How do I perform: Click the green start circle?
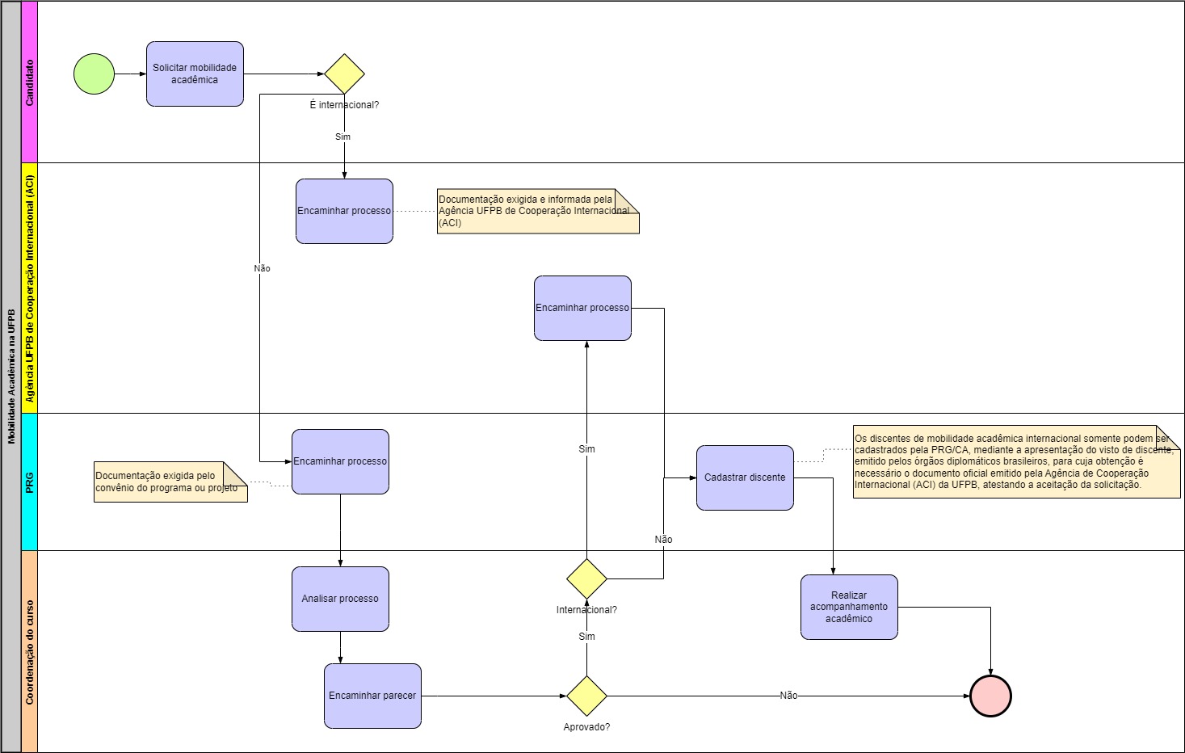(x=94, y=74)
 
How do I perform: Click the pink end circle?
(x=990, y=696)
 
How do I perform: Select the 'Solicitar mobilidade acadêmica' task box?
(x=195, y=74)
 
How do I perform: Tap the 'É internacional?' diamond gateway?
(x=344, y=74)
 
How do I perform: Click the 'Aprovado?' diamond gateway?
(x=586, y=696)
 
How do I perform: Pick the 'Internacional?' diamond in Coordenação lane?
(x=586, y=578)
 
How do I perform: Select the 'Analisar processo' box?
(x=340, y=599)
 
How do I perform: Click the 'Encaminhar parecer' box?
(x=372, y=696)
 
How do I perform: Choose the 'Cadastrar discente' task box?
(x=745, y=477)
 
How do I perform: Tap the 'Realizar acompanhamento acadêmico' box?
(x=849, y=607)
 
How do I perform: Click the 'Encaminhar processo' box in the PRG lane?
(x=340, y=461)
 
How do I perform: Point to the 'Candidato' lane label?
(x=30, y=82)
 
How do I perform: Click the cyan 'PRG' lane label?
(x=30, y=482)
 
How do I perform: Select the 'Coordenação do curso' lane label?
(x=30, y=651)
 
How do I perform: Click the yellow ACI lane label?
(x=30, y=288)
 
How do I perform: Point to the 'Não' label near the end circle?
(x=788, y=696)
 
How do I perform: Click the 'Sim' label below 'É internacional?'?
(x=343, y=137)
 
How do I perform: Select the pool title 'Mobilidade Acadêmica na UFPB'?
(x=11, y=376)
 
